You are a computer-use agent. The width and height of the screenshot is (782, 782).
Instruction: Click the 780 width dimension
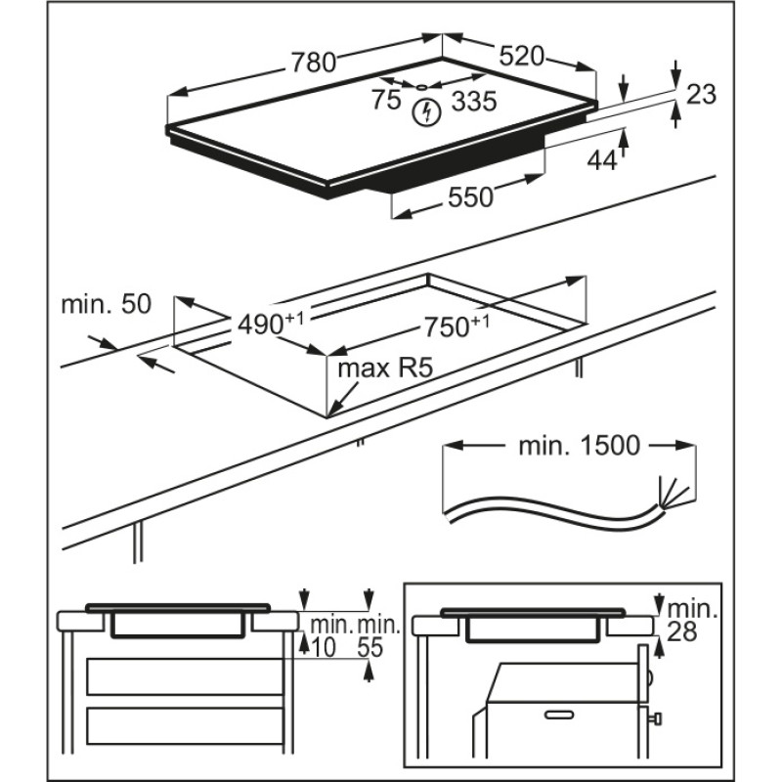pyautogui.click(x=313, y=63)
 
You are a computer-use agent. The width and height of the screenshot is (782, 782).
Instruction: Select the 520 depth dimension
pyautogui.click(x=521, y=58)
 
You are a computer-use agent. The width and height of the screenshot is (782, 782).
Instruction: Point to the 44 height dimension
pyautogui.click(x=602, y=159)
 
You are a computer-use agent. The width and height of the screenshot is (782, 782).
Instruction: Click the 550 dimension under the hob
pyautogui.click(x=470, y=197)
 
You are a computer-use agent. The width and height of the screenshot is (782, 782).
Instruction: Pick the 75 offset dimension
pyautogui.click(x=386, y=99)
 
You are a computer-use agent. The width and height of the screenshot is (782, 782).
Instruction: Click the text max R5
pyautogui.click(x=384, y=369)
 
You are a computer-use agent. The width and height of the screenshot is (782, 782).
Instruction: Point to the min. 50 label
pyautogui.click(x=106, y=304)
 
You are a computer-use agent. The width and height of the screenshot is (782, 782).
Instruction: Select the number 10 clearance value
pyautogui.click(x=322, y=647)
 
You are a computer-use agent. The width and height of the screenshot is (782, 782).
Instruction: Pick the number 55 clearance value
pyautogui.click(x=370, y=647)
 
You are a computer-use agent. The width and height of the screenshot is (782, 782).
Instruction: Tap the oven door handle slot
pyautogui.click(x=560, y=716)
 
